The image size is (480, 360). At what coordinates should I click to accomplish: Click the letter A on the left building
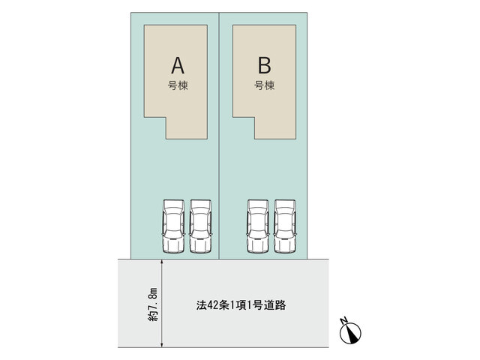(x=178, y=65)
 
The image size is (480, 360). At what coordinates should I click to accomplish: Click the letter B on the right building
(x=265, y=65)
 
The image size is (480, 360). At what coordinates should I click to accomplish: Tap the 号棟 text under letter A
(x=178, y=85)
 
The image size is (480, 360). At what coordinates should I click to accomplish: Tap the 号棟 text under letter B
(x=265, y=85)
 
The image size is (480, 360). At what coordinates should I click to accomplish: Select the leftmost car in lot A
(x=173, y=226)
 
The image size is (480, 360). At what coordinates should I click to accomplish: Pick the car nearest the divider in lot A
(x=200, y=226)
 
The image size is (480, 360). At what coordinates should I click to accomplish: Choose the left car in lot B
(x=258, y=226)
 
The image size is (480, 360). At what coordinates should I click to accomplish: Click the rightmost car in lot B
(x=285, y=226)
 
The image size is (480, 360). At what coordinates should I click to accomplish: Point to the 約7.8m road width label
(x=153, y=304)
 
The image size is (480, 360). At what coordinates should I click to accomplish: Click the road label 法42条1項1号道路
(x=241, y=305)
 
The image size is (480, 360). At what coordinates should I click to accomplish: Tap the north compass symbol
(x=351, y=333)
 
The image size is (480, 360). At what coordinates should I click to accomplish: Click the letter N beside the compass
(x=343, y=320)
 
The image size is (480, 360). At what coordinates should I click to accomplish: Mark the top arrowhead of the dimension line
(x=162, y=262)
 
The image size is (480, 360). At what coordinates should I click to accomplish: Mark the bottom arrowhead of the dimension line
(x=162, y=345)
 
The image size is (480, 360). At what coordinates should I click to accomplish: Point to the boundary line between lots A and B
(x=219, y=136)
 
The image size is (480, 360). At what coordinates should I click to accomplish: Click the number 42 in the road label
(x=212, y=305)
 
